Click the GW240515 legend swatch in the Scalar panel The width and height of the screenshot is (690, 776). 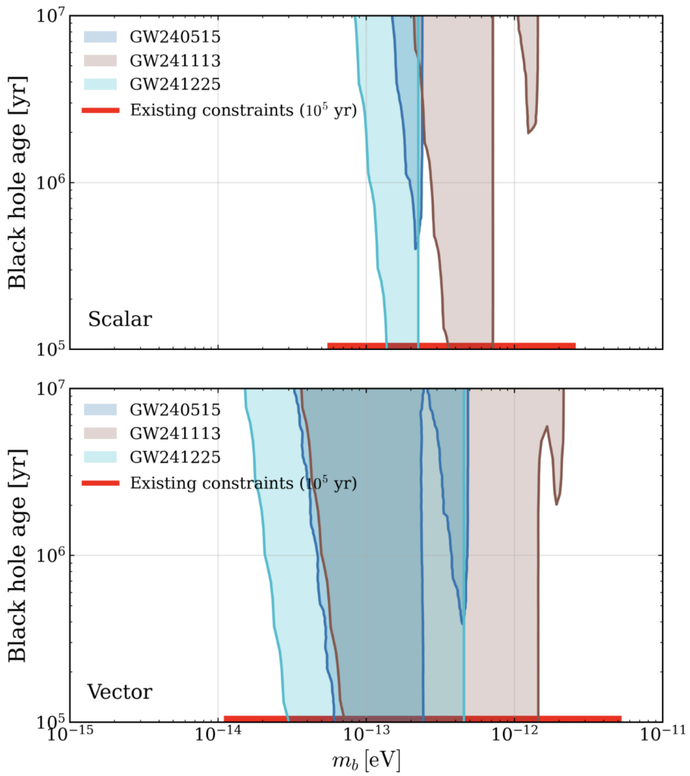tap(101, 36)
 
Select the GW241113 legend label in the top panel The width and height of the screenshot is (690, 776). tap(175, 61)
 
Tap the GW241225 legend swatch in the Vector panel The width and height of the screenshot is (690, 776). tap(101, 457)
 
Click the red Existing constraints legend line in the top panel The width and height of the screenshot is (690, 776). tap(101, 110)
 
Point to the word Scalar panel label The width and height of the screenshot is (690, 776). tap(120, 319)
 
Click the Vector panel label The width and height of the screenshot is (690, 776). tap(120, 692)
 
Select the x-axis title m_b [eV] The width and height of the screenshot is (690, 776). tap(367, 759)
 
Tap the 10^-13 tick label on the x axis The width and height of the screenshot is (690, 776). tap(366, 734)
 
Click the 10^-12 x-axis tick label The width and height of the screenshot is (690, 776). tap(514, 734)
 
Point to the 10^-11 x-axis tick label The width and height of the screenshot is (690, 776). tap(663, 734)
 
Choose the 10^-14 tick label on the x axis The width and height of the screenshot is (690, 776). tap(217, 734)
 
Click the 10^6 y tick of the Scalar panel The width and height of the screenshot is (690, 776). tap(51, 182)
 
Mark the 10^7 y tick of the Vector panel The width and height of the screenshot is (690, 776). tap(51, 389)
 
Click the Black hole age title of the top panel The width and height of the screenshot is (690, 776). tap(17, 183)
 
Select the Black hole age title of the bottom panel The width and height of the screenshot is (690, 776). tap(17, 555)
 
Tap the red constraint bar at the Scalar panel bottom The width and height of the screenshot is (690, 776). tap(451, 346)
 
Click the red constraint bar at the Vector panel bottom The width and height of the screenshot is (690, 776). tap(423, 718)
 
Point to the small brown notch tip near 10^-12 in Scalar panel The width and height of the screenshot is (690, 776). tap(528, 133)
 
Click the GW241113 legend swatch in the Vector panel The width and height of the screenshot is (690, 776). tap(101, 433)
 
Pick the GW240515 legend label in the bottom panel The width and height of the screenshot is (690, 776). tap(175, 410)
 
